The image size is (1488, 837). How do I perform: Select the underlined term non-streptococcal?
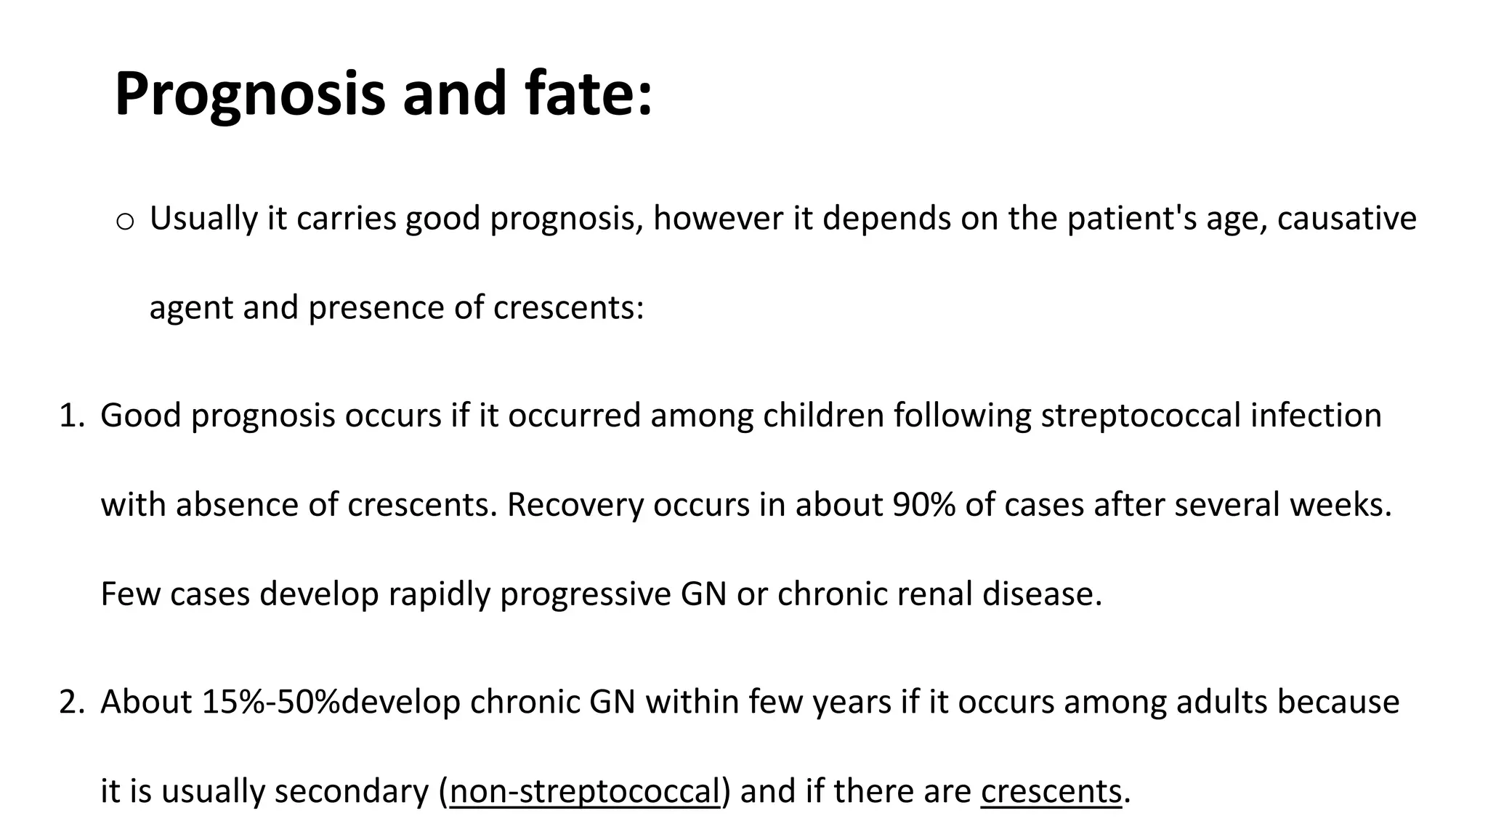tap(584, 791)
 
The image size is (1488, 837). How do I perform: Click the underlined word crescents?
tap(1051, 791)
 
